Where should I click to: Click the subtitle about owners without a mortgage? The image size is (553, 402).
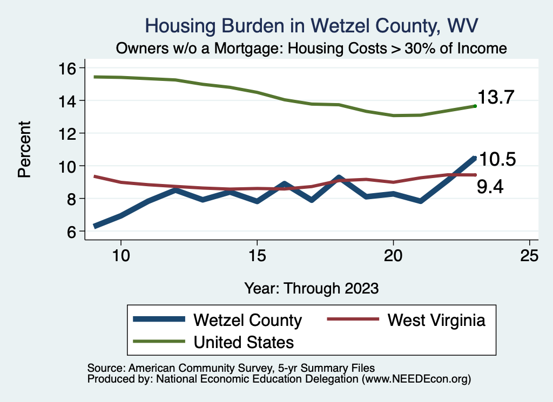[312, 48]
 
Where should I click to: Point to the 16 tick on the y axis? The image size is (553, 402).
[70, 68]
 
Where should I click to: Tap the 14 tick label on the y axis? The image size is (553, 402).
[70, 101]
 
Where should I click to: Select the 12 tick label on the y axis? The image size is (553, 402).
[70, 133]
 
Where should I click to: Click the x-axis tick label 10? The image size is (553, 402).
[120, 256]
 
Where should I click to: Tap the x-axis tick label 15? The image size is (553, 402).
[257, 256]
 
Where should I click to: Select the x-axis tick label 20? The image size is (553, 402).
[393, 256]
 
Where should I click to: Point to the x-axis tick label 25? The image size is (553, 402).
[529, 256]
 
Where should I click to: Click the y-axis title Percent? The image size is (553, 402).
[24, 149]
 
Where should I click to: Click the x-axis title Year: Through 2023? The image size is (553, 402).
[312, 288]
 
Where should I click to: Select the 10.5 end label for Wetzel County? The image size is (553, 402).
[498, 160]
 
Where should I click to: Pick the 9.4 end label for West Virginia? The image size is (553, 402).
[490, 187]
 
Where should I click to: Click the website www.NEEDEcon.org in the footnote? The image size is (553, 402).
[416, 379]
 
